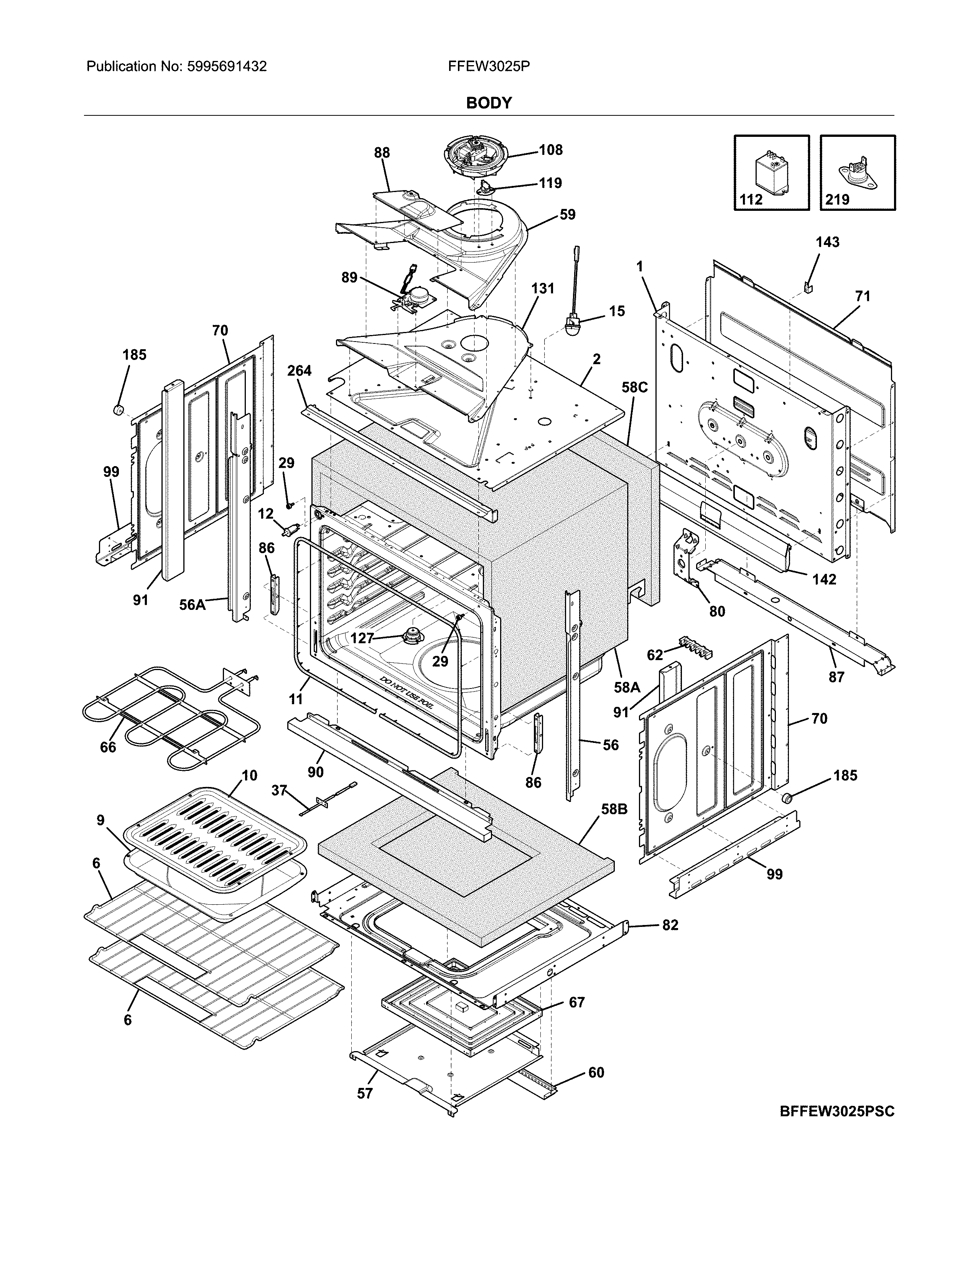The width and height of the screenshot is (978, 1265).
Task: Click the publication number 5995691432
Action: (x=227, y=67)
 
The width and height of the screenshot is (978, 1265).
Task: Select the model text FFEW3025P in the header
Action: (x=488, y=67)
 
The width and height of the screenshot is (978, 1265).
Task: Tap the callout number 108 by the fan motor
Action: (x=550, y=150)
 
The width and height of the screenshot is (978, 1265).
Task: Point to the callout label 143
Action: (x=827, y=242)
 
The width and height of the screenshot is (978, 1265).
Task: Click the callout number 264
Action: (x=299, y=371)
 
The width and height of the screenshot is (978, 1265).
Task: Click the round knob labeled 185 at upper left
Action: (x=119, y=410)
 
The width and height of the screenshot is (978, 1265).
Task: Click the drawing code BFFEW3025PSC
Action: (x=836, y=1112)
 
